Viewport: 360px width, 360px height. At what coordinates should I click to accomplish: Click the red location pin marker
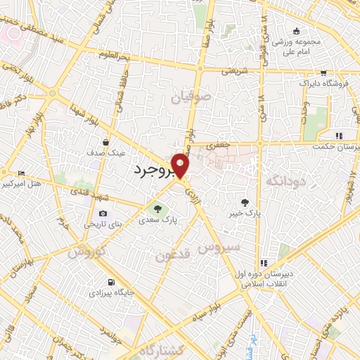pyautogui.click(x=181, y=165)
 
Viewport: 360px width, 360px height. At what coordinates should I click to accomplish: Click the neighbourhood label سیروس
pyautogui.click(x=219, y=247)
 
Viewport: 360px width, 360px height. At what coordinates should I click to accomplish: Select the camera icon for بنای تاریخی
pyautogui.click(x=104, y=214)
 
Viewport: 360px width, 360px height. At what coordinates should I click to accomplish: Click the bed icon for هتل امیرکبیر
pyautogui.click(x=21, y=173)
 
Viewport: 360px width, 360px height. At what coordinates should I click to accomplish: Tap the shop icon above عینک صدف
pyautogui.click(x=105, y=141)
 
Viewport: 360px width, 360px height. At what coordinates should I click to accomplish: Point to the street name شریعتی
pyautogui.click(x=236, y=71)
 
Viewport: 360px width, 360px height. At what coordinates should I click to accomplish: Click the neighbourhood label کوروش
pyautogui.click(x=89, y=251)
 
